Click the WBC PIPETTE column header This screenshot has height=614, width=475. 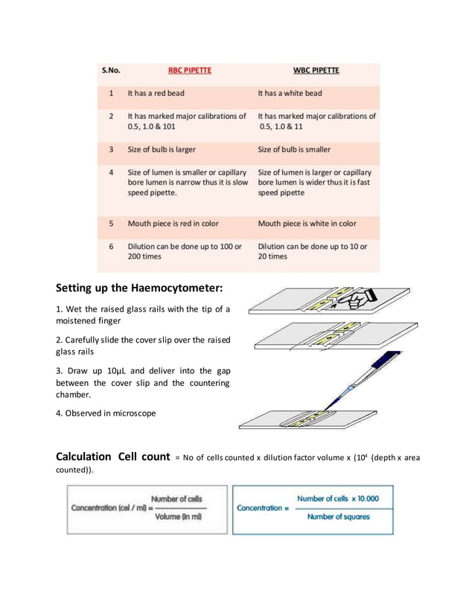point(316,71)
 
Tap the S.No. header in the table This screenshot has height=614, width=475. point(111,71)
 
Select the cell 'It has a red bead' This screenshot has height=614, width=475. point(156,94)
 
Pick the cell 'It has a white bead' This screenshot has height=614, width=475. point(290,94)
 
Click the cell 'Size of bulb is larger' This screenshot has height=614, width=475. point(162,149)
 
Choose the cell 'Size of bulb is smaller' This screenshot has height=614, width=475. point(294,149)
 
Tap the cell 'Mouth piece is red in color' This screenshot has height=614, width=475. point(173,223)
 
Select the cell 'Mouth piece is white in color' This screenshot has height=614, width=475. point(307,223)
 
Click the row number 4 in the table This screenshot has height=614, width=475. point(111,172)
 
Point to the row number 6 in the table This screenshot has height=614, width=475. point(111,246)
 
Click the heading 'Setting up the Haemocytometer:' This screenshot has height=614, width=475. point(140,288)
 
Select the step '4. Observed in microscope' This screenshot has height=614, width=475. point(106,413)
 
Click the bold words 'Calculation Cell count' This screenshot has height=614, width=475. point(113,456)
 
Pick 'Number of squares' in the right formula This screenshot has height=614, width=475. point(338,517)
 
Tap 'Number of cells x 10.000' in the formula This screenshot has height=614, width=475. point(337,499)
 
